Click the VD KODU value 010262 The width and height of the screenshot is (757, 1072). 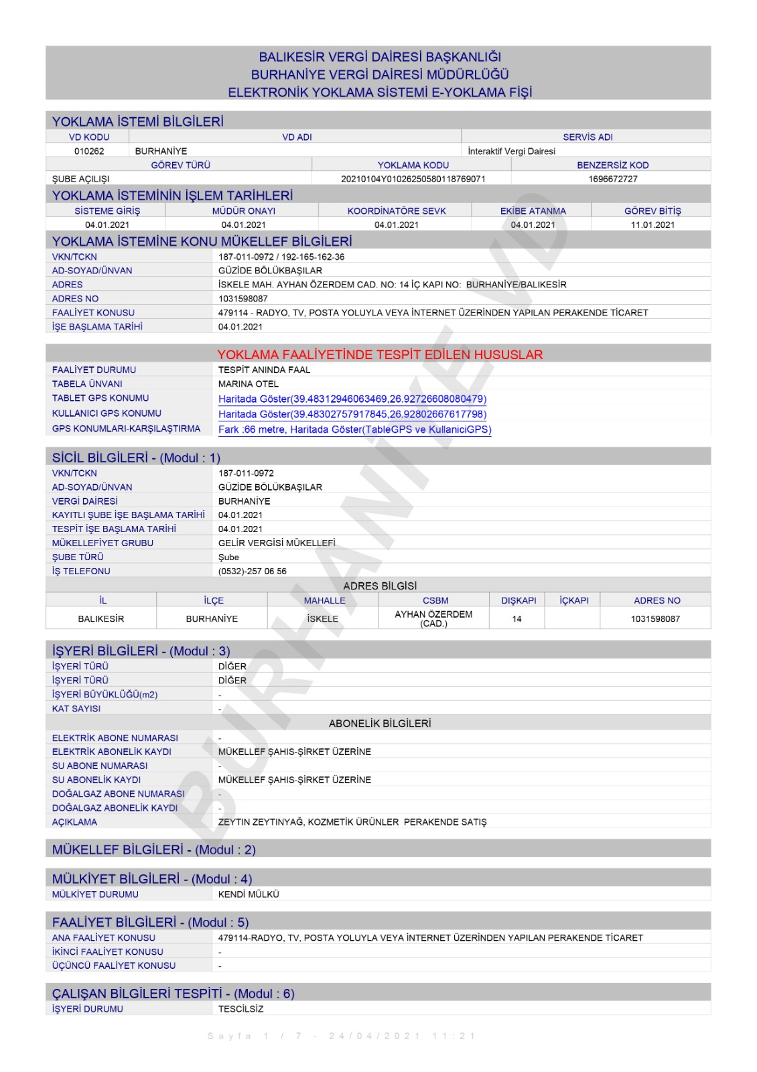89,151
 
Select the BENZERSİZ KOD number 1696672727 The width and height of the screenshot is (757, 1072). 612,179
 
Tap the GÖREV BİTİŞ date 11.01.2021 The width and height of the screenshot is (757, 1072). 652,225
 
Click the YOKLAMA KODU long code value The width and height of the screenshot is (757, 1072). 413,179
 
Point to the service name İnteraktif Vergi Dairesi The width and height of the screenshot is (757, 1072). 511,151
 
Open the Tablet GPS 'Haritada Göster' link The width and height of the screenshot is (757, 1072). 352,399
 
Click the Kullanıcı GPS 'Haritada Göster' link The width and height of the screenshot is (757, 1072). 352,415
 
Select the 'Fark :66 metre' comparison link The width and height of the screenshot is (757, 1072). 354,430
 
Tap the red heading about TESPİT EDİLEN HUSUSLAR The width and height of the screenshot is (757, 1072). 380,354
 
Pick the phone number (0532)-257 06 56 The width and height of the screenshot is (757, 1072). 252,572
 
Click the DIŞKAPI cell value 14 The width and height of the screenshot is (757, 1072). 517,619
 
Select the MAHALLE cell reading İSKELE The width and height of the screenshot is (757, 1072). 322,619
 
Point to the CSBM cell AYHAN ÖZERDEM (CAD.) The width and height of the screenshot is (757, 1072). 433,619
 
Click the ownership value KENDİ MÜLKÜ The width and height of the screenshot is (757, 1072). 249,894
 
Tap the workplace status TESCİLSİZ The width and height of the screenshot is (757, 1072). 240,1009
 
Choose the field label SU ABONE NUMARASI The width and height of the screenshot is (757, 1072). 100,766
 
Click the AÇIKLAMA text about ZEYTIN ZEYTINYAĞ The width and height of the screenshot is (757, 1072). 352,822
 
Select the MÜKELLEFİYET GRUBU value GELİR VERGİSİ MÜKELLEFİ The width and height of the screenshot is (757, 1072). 277,543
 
